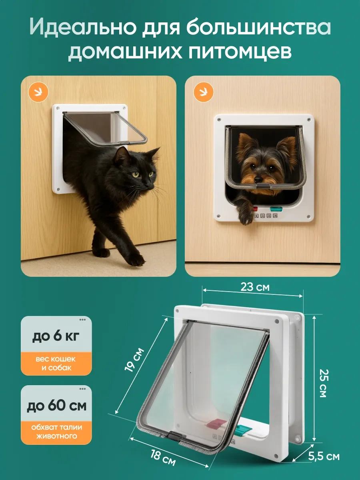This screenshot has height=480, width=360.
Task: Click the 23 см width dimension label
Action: pos(255,287)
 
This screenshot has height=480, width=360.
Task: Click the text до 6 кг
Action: pos(56,336)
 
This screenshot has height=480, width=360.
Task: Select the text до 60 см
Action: pos(56,406)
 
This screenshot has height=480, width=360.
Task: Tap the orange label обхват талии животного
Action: pos(56,432)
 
